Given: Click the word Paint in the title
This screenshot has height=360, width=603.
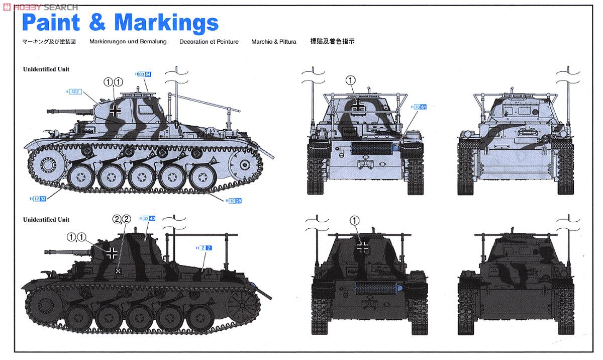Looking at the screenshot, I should (52, 22).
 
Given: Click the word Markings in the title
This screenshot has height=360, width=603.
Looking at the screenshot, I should (166, 22).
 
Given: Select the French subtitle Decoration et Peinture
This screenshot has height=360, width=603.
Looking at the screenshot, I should (209, 42).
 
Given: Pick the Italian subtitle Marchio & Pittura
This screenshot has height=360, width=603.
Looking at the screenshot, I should (274, 42).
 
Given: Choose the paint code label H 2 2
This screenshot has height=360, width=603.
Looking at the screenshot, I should (205, 248).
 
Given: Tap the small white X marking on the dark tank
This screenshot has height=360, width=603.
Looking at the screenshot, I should (119, 271).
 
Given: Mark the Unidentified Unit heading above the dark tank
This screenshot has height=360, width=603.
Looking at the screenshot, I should (46, 220).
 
